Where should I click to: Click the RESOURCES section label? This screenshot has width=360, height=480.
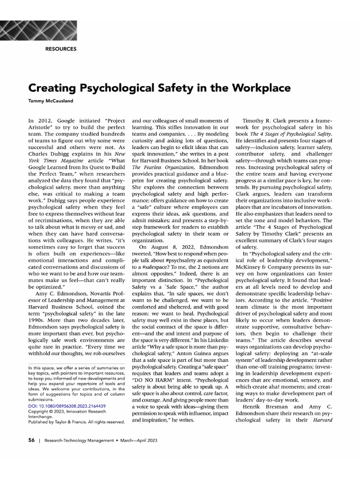tap(61, 49)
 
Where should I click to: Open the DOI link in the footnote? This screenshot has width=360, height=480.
tap(67, 406)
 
